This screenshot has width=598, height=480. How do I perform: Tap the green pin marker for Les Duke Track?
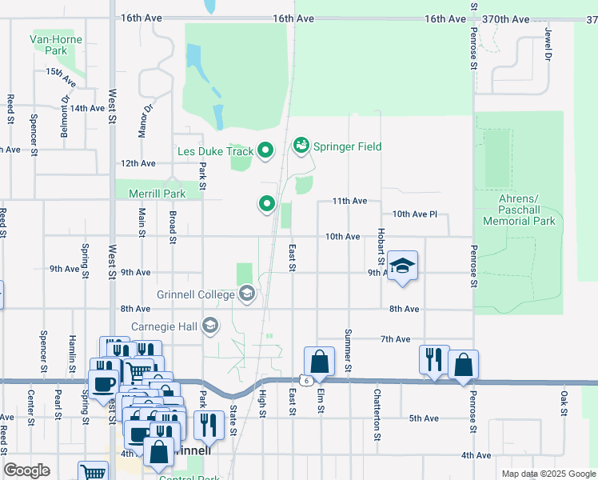coord(266,150)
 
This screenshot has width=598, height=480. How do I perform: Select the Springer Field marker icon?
coord(301,146)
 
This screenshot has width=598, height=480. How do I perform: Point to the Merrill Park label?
coord(157,194)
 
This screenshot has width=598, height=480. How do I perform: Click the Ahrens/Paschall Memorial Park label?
coord(519,210)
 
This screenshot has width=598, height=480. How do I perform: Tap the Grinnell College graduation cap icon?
coord(246,294)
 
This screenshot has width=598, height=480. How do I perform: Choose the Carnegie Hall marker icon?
coord(210,325)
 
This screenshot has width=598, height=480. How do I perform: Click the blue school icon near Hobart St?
coord(403,266)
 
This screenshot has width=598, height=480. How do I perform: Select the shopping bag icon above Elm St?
coord(319,362)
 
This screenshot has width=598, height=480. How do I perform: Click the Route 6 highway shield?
coord(306,381)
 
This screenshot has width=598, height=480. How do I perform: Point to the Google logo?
coord(26,470)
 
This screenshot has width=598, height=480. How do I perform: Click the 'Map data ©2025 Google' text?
coord(548,474)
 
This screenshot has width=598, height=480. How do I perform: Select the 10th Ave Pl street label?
coord(415,214)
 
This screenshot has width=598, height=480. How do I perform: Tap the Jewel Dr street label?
coord(548,46)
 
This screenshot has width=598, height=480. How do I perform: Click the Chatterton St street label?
coord(377,415)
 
